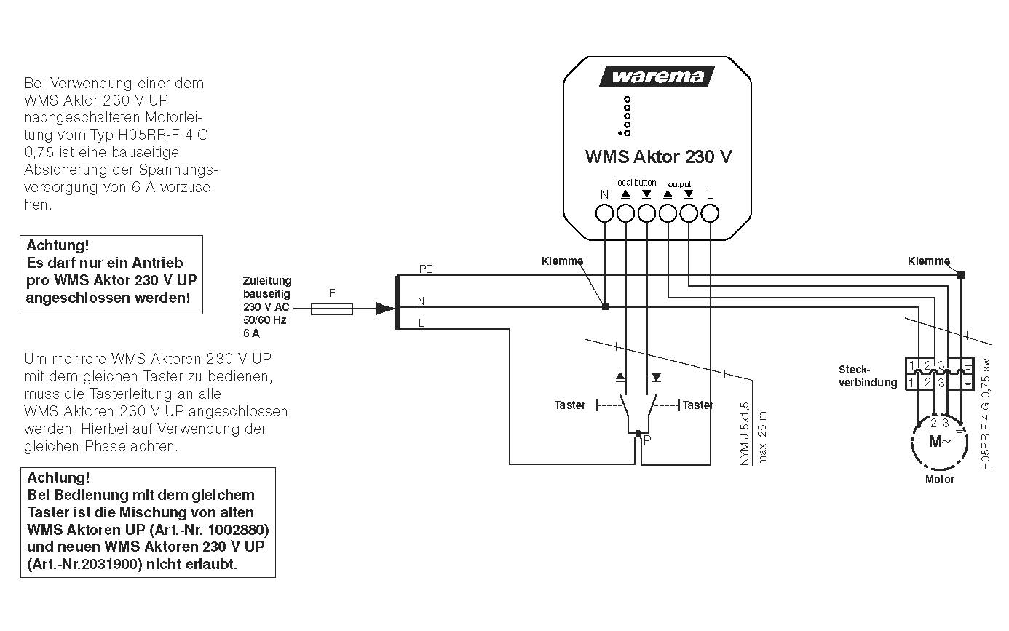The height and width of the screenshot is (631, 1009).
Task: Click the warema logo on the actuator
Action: click(657, 76)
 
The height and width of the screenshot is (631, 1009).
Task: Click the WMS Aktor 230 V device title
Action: click(658, 156)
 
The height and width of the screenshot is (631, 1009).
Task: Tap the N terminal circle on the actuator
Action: click(604, 213)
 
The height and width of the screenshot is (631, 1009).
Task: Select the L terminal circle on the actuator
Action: click(710, 213)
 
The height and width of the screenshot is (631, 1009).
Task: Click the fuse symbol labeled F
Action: click(332, 309)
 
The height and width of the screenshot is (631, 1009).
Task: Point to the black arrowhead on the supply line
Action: click(385, 309)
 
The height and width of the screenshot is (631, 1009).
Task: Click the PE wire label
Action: click(425, 269)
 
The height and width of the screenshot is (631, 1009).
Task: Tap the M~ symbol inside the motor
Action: click(938, 443)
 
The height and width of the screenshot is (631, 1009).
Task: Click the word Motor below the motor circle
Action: click(939, 480)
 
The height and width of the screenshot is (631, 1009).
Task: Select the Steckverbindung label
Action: click(867, 376)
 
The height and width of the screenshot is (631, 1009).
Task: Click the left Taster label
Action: click(569, 405)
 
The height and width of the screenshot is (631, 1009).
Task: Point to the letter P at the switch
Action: click(647, 440)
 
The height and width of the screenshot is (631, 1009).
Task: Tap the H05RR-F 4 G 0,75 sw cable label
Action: click(986, 413)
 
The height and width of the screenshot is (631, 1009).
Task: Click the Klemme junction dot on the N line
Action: click(605, 307)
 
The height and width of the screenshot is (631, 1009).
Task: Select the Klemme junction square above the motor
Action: click(961, 275)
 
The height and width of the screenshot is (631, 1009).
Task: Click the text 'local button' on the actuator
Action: click(636, 183)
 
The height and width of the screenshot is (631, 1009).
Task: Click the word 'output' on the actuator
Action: click(679, 184)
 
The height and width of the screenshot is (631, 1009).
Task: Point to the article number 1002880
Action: click(233, 529)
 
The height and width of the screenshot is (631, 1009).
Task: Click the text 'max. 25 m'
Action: click(762, 437)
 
